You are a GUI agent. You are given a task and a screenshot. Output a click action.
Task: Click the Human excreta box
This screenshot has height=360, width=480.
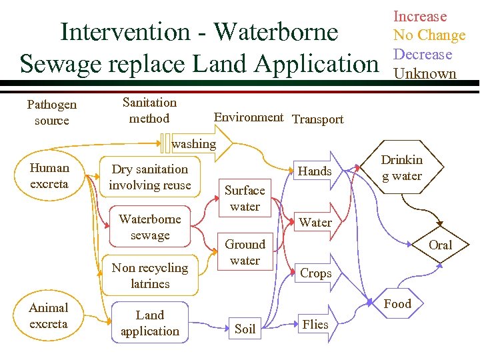49,176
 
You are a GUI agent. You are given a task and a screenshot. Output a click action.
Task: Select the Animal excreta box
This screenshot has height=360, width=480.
49,316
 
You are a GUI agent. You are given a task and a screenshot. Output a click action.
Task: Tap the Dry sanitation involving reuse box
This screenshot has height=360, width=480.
150,177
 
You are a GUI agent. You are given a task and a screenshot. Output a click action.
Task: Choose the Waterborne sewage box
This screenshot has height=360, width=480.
150,227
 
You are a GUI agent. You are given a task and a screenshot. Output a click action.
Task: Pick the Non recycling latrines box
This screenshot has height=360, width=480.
150,275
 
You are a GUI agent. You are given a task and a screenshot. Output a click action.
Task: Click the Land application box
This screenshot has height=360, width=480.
150,323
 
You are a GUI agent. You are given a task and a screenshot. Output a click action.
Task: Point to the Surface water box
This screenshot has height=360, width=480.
245,198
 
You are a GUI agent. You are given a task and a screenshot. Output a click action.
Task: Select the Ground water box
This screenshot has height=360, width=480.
245,252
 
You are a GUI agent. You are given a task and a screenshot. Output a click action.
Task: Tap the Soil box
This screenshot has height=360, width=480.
245,329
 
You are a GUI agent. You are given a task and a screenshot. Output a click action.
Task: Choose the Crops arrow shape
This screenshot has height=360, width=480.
315,273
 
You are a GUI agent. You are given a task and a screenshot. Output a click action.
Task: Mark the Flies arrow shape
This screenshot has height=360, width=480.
315,325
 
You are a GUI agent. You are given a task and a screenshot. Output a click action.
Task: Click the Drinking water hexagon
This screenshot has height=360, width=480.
401,168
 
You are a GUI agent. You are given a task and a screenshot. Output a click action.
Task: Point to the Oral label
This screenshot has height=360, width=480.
440,245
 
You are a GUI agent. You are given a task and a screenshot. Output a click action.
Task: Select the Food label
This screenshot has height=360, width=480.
398,304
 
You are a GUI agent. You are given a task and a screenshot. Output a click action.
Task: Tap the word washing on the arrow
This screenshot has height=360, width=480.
194,143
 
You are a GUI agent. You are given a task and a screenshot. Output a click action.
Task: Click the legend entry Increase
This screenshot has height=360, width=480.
420,17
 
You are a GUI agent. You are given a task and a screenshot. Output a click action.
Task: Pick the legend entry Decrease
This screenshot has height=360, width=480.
423,55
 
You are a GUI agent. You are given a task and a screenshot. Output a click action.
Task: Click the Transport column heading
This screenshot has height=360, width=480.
318,119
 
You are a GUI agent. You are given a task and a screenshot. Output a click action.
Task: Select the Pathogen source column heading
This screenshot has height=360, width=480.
51,113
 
